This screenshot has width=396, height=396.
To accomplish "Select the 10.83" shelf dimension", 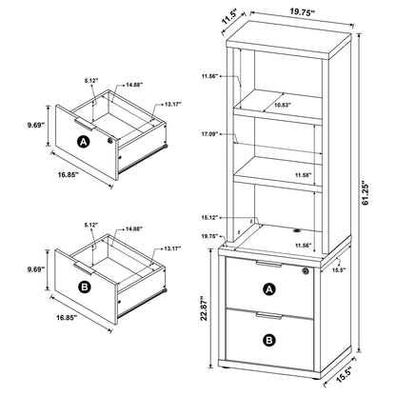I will coord(279,106).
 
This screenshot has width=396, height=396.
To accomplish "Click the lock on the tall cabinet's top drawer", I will coord(305,271).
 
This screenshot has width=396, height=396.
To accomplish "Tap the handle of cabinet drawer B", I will coord(269,313).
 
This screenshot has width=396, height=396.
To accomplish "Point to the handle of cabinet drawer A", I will coord(269,263).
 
